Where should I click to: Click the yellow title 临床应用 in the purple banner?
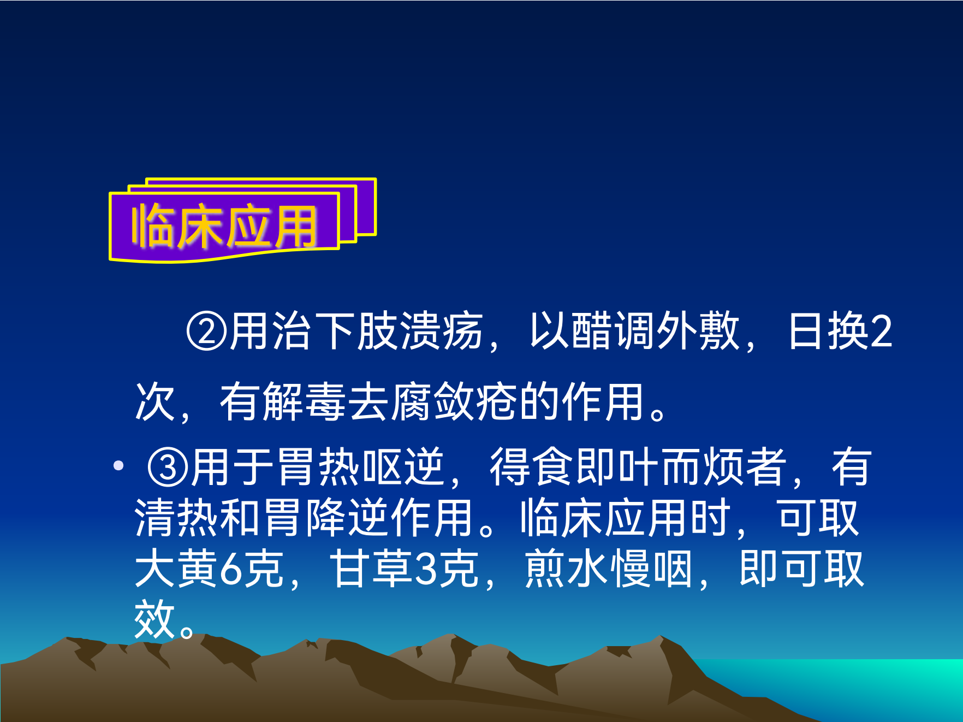224,226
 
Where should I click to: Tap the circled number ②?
206,332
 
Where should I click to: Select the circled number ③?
168,467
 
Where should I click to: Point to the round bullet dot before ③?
118,466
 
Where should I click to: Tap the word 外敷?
698,332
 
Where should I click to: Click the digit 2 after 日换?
881,332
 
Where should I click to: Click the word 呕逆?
404,467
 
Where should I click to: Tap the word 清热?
176,518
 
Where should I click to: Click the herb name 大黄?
176,569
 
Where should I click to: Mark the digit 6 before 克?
230,569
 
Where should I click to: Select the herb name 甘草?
371,569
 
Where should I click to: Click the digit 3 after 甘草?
426,569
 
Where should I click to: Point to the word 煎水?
566,569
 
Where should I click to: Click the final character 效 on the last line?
154,619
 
